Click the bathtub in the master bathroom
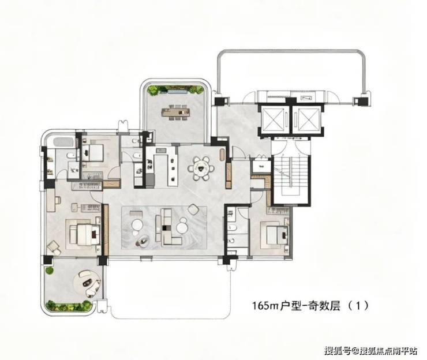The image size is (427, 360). [63, 142]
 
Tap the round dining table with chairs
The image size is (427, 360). [201, 168]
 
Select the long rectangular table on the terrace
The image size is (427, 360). [175, 111]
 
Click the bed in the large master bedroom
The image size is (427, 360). [85, 234]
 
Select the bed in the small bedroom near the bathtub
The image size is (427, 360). [92, 153]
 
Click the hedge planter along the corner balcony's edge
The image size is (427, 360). [68, 305]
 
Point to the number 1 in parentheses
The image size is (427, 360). [359, 306]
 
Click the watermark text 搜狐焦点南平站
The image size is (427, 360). [388, 351]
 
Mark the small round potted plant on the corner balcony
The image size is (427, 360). [49, 271]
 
